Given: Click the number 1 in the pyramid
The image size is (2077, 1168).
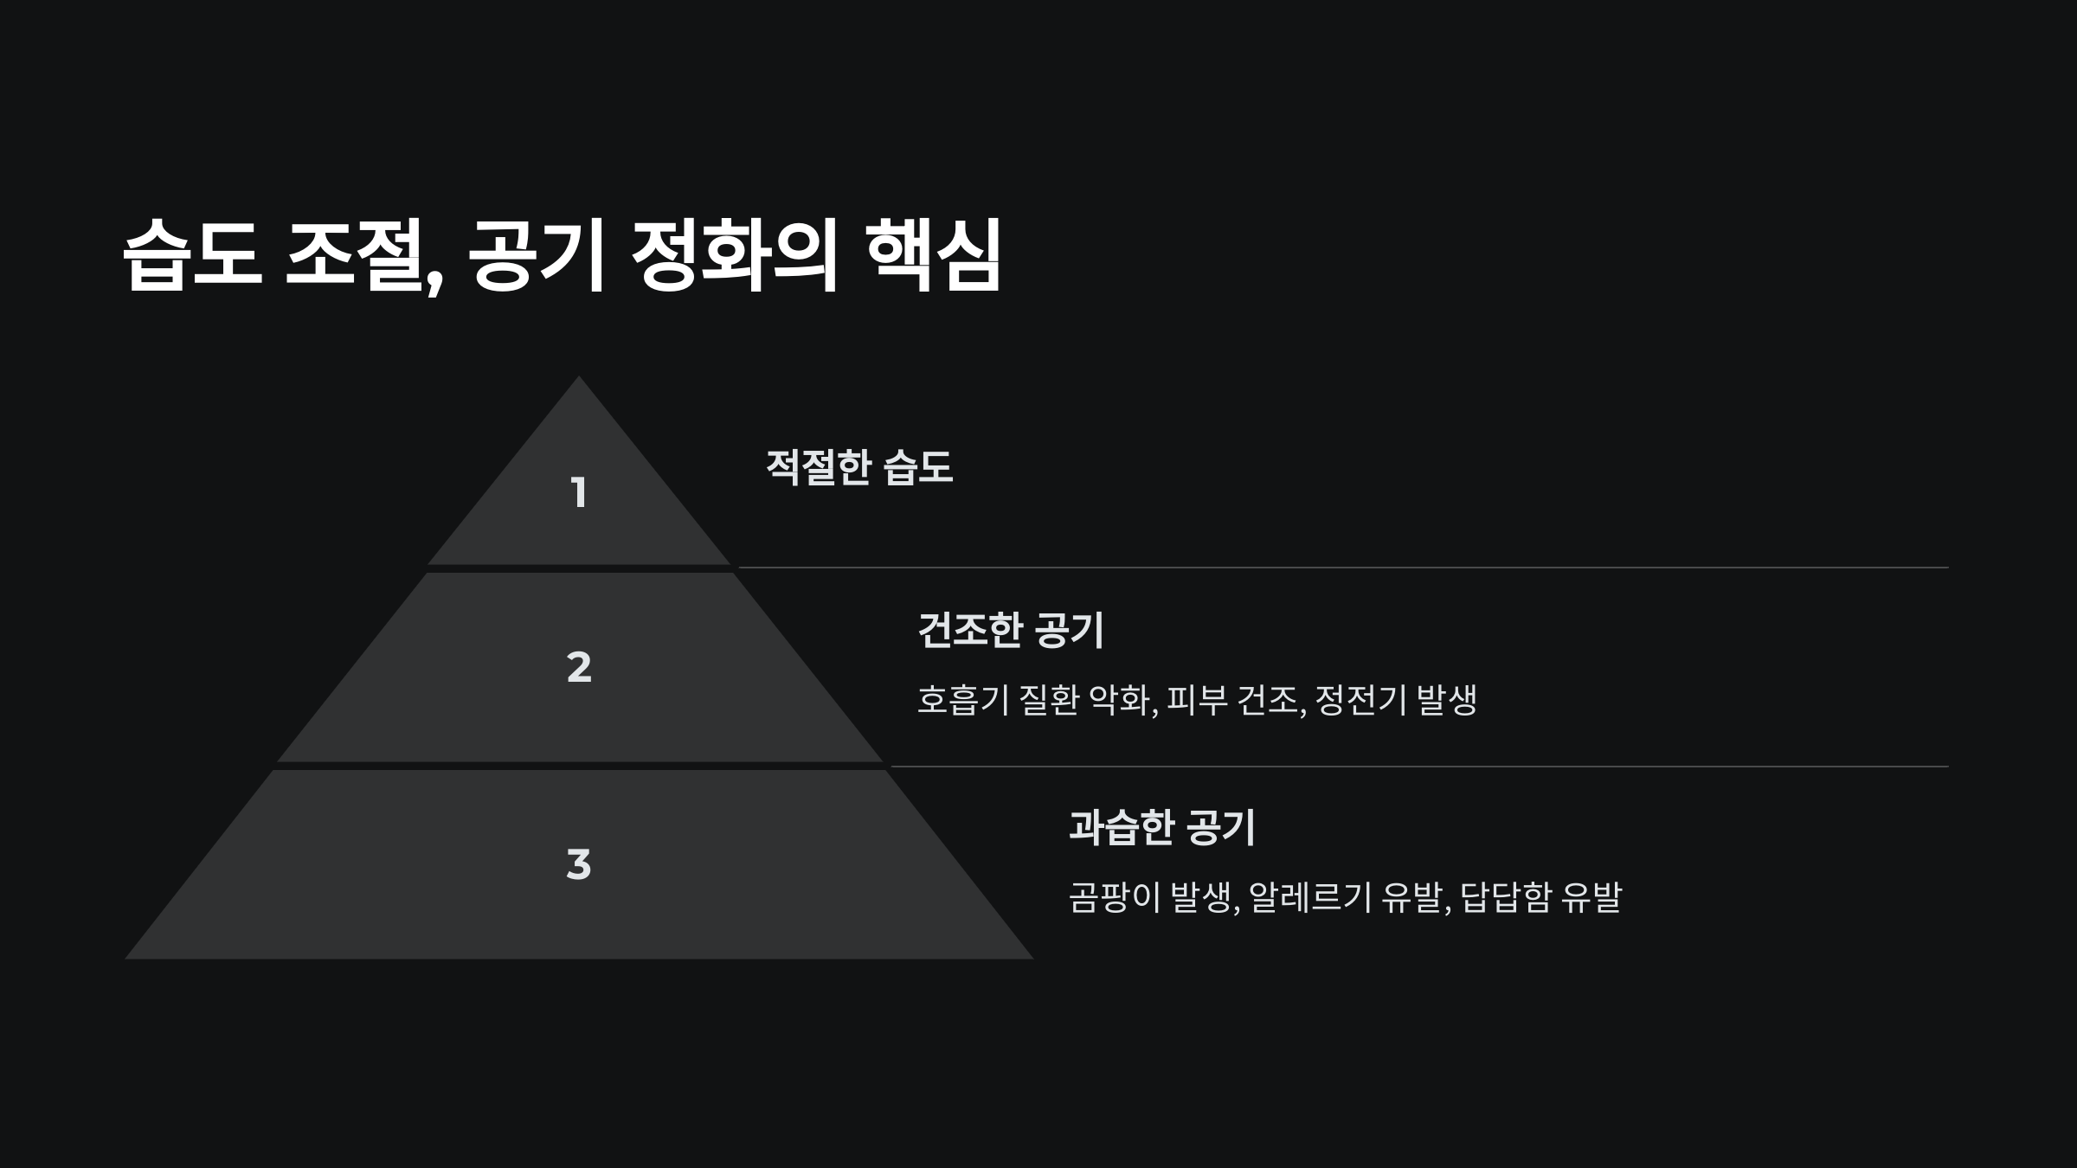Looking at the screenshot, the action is pyautogui.click(x=579, y=493).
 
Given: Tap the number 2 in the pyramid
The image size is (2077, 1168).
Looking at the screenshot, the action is pyautogui.click(x=579, y=667).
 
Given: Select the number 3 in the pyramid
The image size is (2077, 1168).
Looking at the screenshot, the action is pyautogui.click(x=579, y=864).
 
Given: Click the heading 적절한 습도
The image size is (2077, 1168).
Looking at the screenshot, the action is pyautogui.click(x=859, y=467).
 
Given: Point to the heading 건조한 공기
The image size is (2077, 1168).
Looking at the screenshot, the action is pyautogui.click(x=1011, y=630).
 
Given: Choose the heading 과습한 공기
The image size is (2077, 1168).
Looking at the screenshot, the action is pyautogui.click(x=1162, y=827).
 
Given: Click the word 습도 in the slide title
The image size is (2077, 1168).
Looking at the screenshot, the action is pyautogui.click(x=192, y=254).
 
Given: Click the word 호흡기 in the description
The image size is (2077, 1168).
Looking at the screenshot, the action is pyautogui.click(x=962, y=700).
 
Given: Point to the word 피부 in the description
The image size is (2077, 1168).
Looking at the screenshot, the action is pyautogui.click(x=1197, y=700).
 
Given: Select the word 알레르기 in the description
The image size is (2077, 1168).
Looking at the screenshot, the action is pyautogui.click(x=1310, y=897).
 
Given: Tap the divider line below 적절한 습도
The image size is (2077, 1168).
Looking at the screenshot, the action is pyautogui.click(x=1341, y=568).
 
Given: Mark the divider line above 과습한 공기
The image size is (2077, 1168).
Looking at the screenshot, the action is pyautogui.click(x=1419, y=767).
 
